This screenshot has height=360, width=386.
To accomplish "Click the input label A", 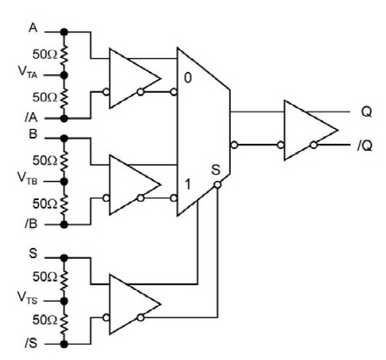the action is pyautogui.click(x=33, y=28).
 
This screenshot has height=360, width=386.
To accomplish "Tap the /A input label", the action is pyautogui.click(x=32, y=117).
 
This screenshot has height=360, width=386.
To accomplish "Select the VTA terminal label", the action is pyautogui.click(x=28, y=71).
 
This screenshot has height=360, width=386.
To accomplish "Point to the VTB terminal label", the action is pyautogui.click(x=28, y=178).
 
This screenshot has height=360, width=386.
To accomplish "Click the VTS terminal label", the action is pyautogui.click(x=28, y=297).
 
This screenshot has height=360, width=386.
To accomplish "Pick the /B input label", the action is pyautogui.click(x=32, y=224).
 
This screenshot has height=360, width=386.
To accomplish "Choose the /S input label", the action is pyautogui.click(x=32, y=343).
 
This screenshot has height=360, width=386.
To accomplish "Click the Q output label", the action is pyautogui.click(x=367, y=112).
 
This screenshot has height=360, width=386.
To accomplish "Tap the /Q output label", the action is pyautogui.click(x=365, y=146).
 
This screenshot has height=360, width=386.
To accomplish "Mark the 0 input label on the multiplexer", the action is pyautogui.click(x=188, y=78).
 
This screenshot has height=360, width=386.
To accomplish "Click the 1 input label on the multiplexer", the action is pyautogui.click(x=188, y=185).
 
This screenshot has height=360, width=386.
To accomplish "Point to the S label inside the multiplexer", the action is pyautogui.click(x=215, y=170).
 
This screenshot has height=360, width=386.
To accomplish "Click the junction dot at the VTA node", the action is pyautogui.click(x=64, y=75).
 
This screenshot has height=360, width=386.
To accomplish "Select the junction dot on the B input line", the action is pyautogui.click(x=64, y=138).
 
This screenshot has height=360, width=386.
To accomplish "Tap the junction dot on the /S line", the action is pyautogui.click(x=64, y=344).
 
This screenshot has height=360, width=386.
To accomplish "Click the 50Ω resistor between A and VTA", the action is pyautogui.click(x=64, y=54).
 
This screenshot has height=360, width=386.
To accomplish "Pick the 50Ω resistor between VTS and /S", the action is pyautogui.click(x=64, y=322).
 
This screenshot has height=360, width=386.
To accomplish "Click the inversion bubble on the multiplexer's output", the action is pyautogui.click(x=234, y=145).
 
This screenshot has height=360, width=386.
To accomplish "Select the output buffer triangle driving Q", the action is pyautogui.click(x=311, y=130).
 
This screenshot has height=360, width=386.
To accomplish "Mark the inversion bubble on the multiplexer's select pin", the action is pyautogui.click(x=218, y=185).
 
